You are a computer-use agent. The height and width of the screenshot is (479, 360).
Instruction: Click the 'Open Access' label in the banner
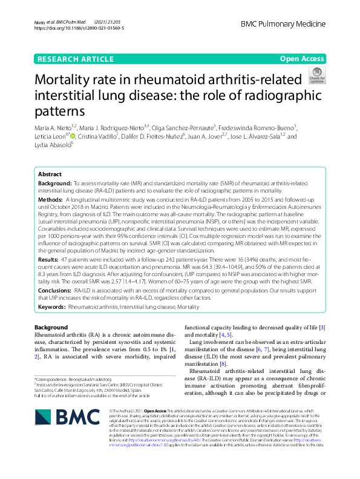coord(302,59)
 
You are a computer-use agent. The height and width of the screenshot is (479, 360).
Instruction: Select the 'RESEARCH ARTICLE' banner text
coord(75,59)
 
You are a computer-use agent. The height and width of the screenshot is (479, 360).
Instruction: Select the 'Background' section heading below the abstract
coord(51,328)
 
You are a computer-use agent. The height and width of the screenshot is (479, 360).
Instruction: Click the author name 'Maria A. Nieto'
coord(52,128)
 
